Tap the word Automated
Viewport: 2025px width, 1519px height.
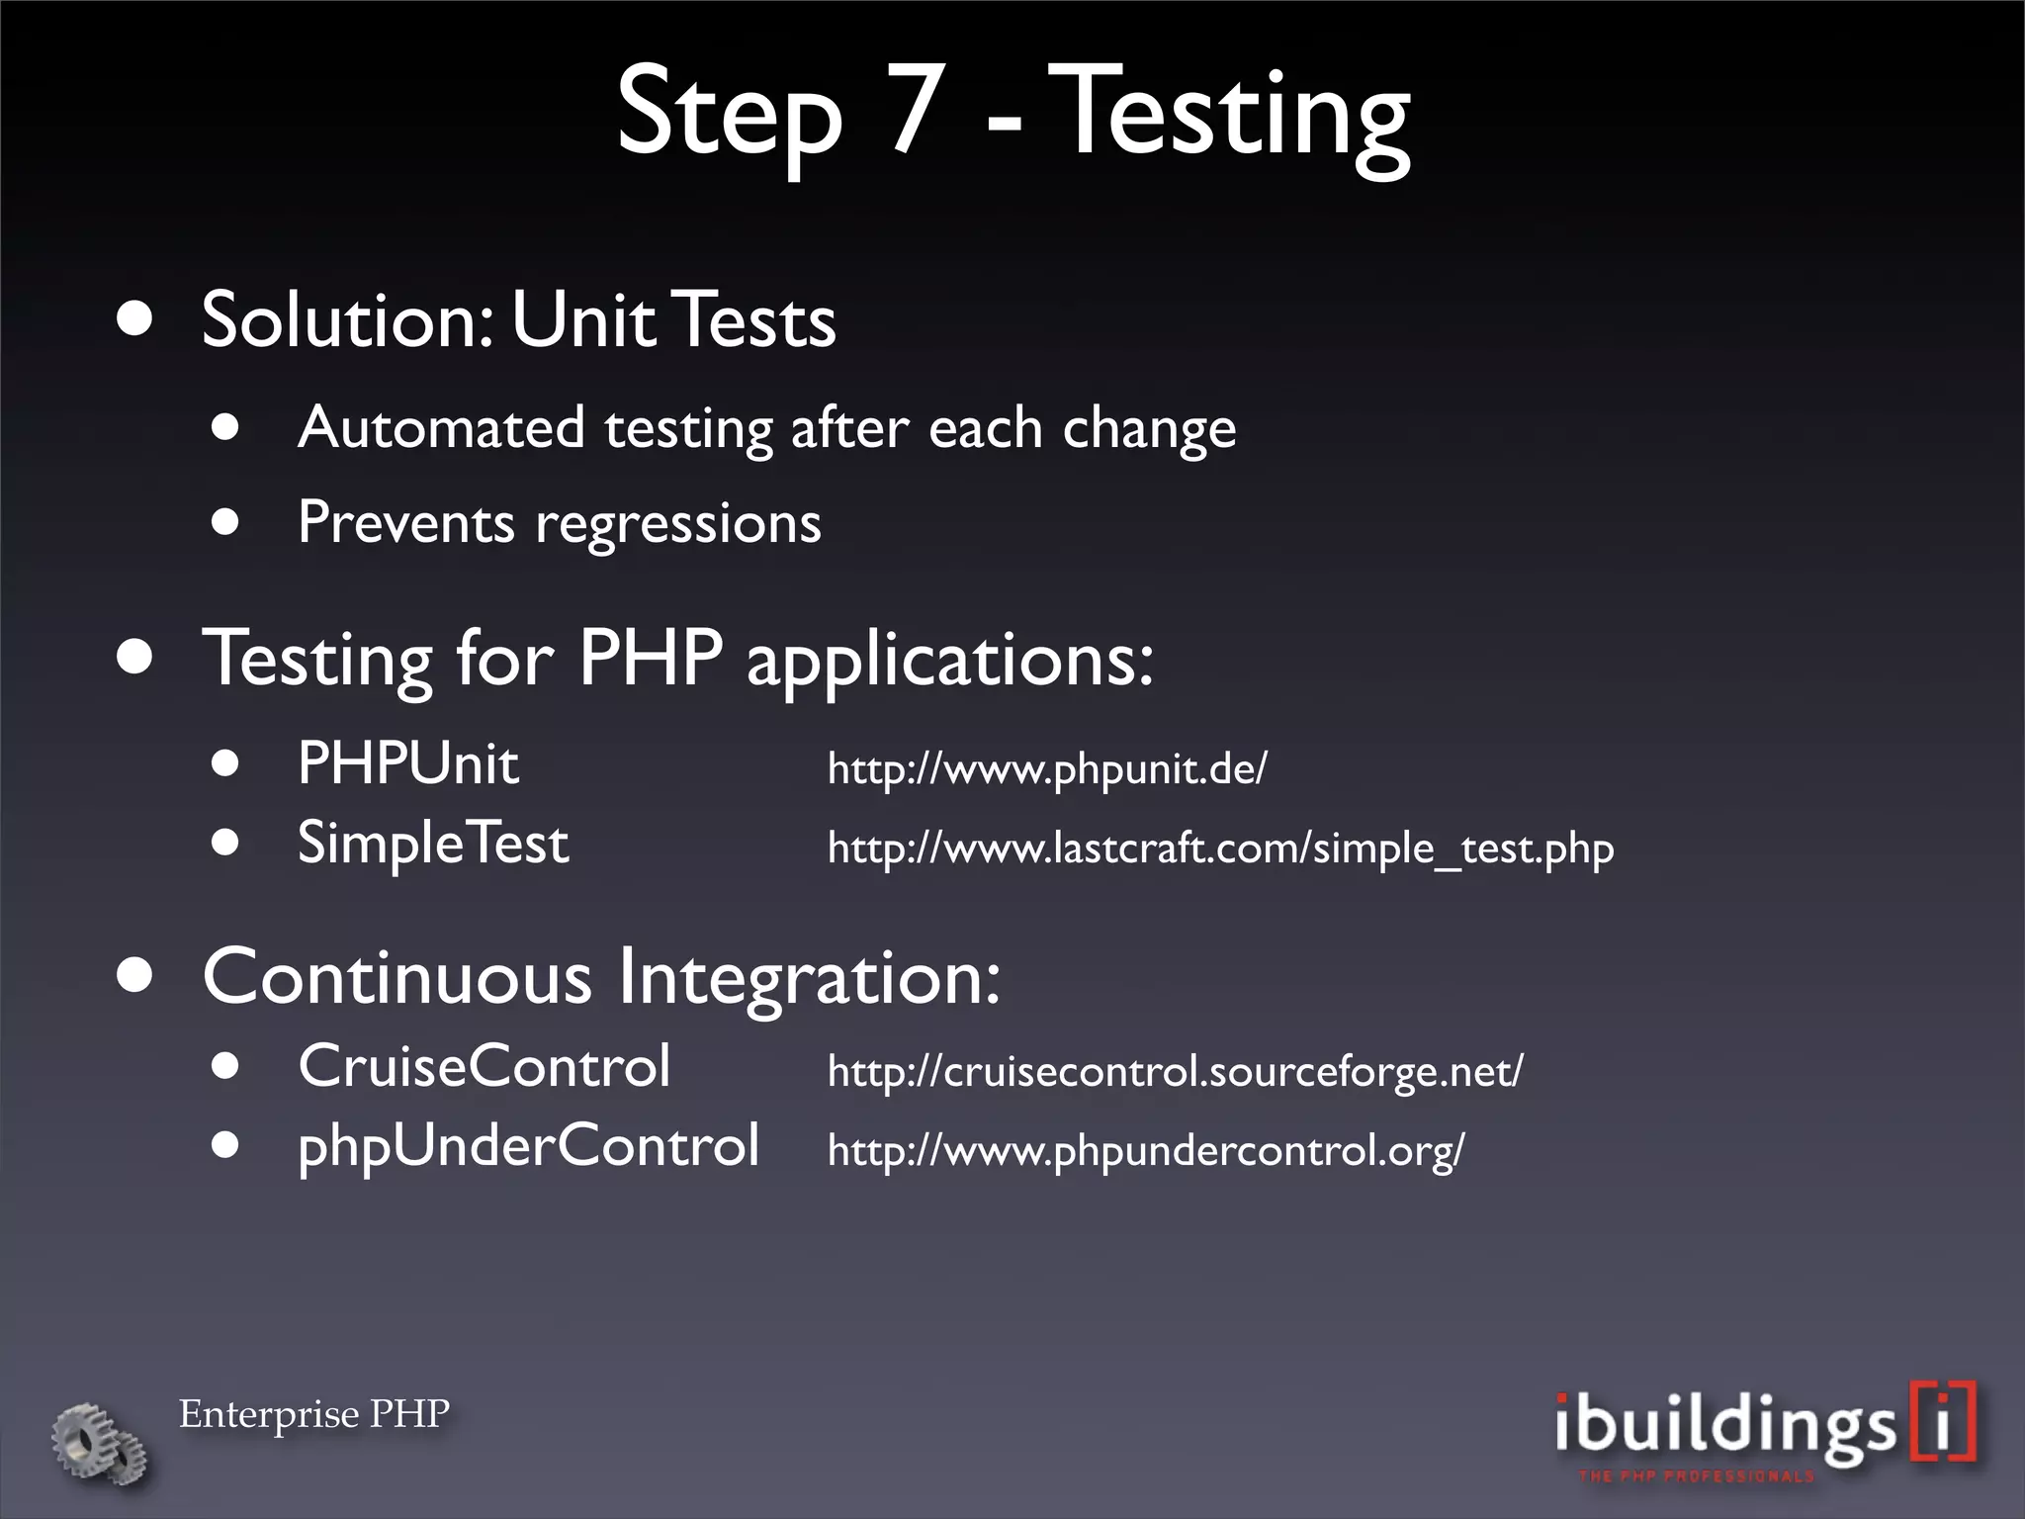click(440, 428)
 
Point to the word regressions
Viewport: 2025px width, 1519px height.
click(677, 524)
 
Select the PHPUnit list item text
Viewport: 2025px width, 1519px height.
click(407, 764)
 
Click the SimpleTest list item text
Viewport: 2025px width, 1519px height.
click(433, 844)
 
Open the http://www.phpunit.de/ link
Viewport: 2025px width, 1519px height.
click(1046, 768)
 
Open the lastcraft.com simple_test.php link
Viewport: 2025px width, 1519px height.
click(1220, 849)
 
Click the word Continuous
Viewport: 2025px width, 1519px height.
click(396, 977)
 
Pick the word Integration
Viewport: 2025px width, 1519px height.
click(809, 977)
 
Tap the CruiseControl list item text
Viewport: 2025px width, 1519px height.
click(484, 1067)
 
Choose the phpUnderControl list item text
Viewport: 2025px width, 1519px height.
click(528, 1146)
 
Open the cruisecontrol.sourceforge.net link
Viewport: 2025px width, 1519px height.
click(1175, 1071)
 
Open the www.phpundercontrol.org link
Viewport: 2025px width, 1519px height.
click(1145, 1151)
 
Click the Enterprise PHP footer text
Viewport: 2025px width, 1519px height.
click(313, 1414)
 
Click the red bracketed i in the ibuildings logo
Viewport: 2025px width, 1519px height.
click(1943, 1422)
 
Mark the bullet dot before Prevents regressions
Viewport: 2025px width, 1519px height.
click(225, 521)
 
